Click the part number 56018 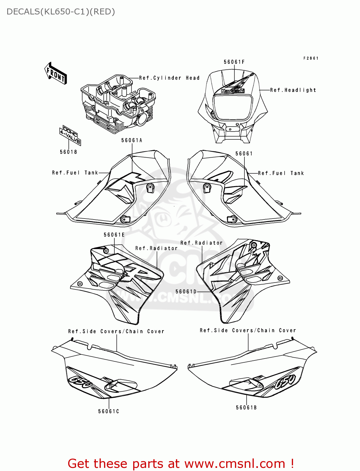[68, 152]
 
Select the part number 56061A [132, 140]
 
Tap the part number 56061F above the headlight [234, 62]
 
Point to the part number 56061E [114, 235]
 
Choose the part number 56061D [186, 292]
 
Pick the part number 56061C [109, 411]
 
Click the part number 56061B [246, 408]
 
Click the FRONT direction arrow [56, 73]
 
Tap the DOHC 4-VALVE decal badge [70, 135]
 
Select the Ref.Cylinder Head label [169, 78]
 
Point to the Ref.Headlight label [293, 90]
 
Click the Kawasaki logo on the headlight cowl [233, 91]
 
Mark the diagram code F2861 [311, 58]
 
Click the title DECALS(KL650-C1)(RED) [61, 12]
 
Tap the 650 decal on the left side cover [80, 383]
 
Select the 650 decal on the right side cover [286, 382]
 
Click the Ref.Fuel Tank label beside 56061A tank [75, 173]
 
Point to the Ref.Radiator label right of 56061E [156, 248]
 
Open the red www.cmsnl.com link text [235, 464]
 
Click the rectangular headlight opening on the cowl [233, 107]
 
